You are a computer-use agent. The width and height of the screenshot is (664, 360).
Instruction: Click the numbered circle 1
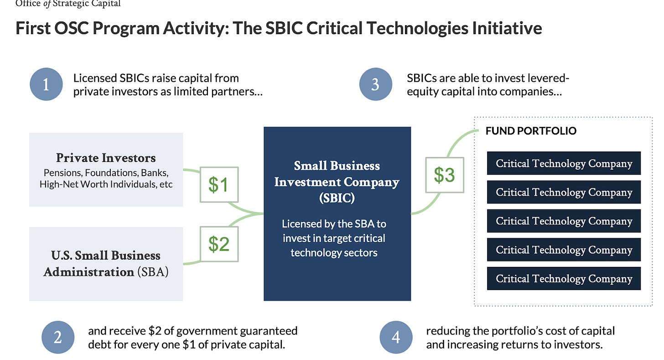46,84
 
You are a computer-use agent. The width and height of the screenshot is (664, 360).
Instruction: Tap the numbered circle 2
58,337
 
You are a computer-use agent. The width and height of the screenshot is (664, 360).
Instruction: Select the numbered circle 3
376,84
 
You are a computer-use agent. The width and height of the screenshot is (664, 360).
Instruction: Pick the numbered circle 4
396,337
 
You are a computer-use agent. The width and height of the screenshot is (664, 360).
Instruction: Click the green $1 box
219,184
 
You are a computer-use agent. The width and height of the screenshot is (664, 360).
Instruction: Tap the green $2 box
219,244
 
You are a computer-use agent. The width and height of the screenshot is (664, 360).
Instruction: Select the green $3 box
445,175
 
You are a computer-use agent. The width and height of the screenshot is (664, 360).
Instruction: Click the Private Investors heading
106,158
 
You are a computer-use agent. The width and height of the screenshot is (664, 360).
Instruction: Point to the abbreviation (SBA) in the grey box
153,271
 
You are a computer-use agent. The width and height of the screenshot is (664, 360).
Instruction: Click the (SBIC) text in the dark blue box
337,198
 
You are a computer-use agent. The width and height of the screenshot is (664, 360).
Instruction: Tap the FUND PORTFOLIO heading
531,131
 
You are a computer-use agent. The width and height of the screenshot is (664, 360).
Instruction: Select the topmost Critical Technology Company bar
564,163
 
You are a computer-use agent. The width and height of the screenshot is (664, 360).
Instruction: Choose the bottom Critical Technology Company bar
564,278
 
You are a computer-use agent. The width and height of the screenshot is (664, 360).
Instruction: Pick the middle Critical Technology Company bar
564,221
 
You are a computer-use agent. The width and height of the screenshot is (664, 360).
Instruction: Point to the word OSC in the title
72,28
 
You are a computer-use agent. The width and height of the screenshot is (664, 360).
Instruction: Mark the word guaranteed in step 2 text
269,331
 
